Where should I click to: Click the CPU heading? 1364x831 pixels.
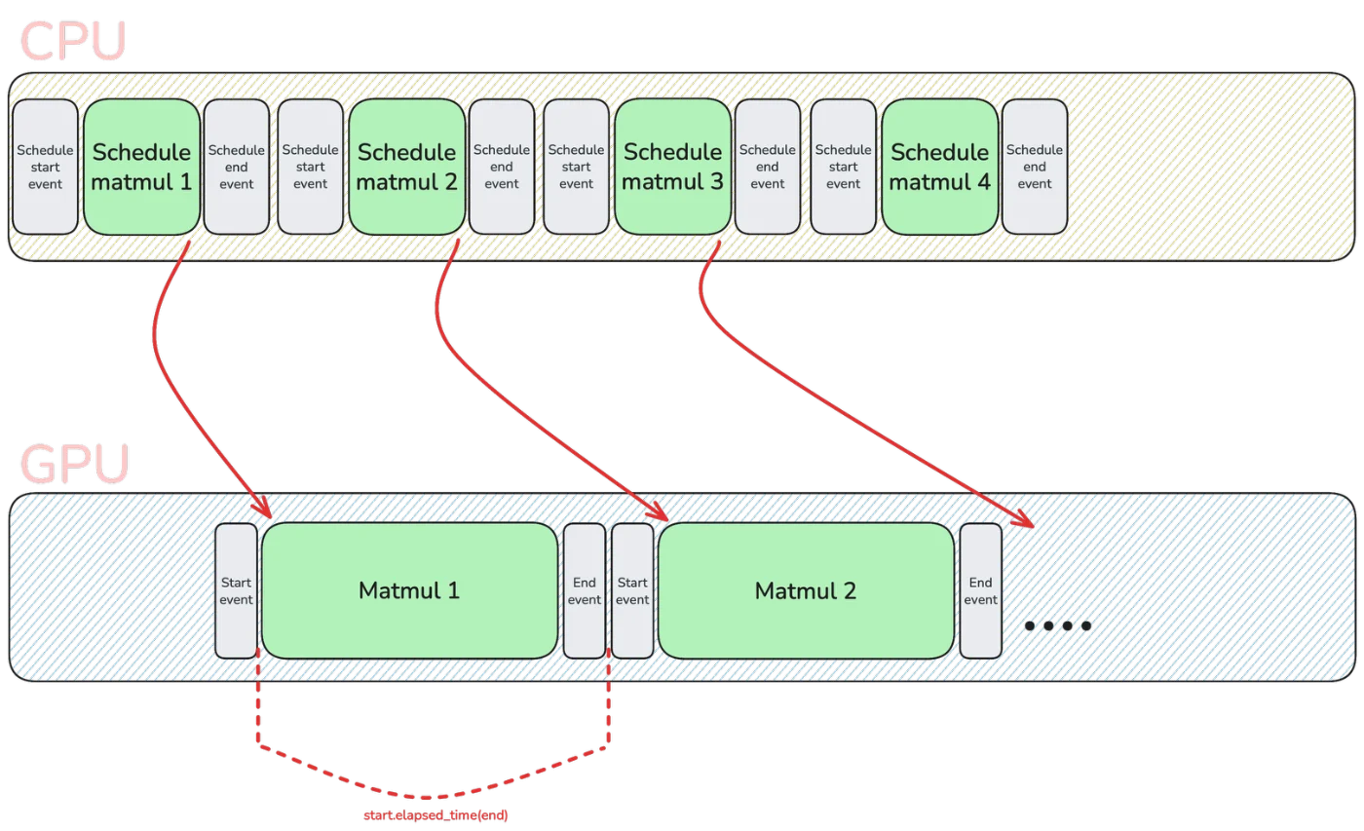(72, 40)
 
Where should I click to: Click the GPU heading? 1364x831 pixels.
(75, 465)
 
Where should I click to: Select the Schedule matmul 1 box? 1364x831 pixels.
(142, 167)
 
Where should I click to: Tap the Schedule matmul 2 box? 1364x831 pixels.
(407, 167)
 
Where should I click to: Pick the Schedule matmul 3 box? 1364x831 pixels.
(673, 167)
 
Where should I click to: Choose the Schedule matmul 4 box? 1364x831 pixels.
(939, 167)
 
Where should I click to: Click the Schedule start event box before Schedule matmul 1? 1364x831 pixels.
(45, 167)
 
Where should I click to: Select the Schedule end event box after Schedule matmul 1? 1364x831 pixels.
(236, 167)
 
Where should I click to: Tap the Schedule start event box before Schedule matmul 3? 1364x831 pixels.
(576, 167)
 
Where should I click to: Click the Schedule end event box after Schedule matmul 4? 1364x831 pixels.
(1035, 167)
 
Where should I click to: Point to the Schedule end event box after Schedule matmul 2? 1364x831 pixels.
(501, 167)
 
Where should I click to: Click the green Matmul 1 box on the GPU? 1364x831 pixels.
(409, 590)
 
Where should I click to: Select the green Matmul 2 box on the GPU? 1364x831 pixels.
(806, 590)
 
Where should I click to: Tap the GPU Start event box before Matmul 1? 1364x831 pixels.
(236, 590)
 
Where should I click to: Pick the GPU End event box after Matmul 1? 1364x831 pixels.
(585, 590)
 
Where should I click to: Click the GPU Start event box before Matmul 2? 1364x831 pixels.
(632, 590)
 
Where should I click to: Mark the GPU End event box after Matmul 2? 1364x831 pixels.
(980, 590)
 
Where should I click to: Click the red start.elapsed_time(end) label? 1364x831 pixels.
(434, 814)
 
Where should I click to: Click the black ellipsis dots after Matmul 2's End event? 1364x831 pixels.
(1057, 625)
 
